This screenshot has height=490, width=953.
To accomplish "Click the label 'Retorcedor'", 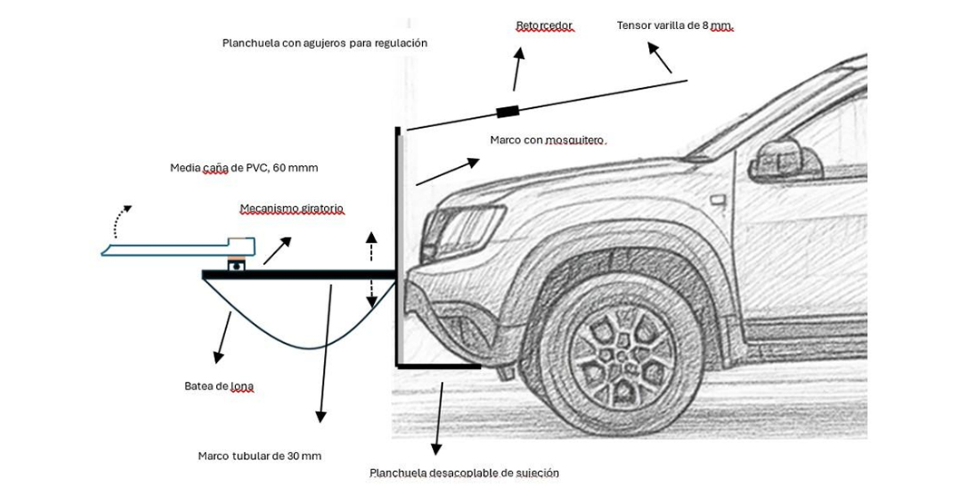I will tap(545, 26).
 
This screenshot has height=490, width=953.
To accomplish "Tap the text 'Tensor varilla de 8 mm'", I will tap(674, 25).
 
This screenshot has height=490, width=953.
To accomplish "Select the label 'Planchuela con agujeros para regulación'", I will tap(324, 43).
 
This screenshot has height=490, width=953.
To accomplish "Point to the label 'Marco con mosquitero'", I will tap(546, 140).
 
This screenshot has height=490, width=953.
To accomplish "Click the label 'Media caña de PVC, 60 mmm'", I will tap(244, 168).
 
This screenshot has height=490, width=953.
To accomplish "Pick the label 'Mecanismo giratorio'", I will tap(291, 209).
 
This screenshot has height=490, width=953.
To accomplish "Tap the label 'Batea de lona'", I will tap(219, 387).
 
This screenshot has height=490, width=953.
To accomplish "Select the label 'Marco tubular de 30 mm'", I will tap(260, 456).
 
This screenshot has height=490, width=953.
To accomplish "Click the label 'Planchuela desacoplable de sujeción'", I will tap(464, 473).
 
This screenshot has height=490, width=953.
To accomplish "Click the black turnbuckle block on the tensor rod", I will tap(507, 112).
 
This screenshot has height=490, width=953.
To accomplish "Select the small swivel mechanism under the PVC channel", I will tap(239, 264).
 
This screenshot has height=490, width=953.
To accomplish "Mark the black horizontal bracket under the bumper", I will tap(439, 367).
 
